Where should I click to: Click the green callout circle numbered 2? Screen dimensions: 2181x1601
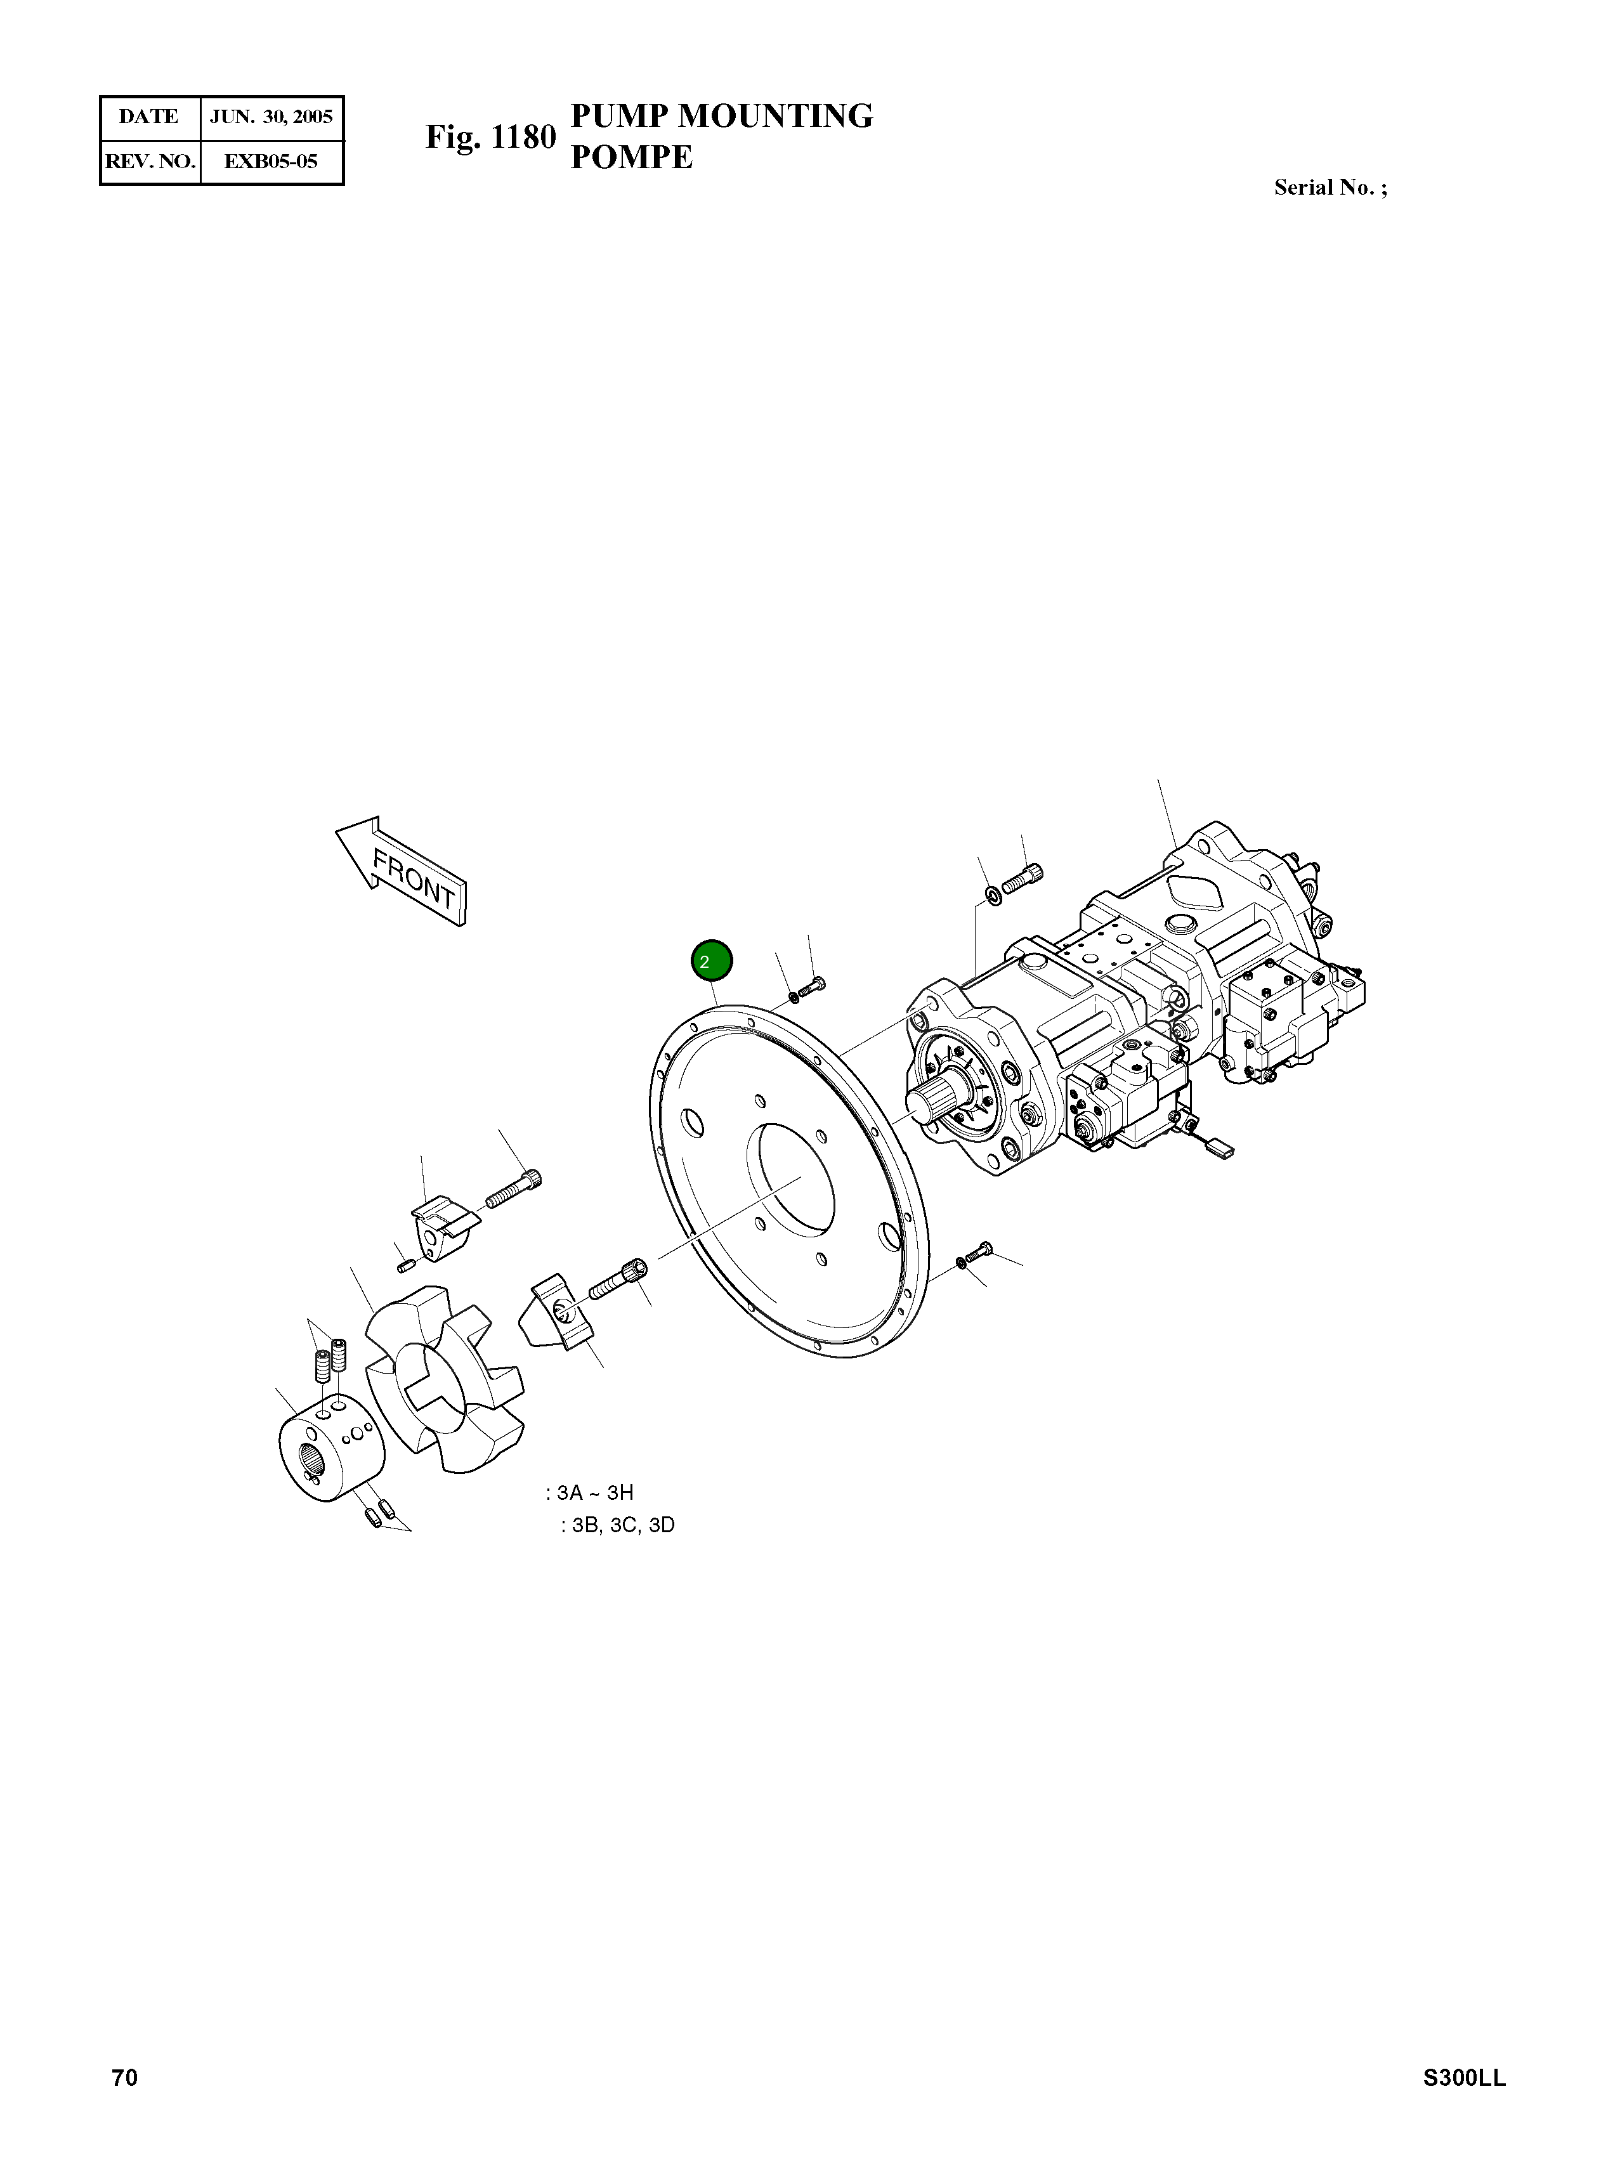coord(711,961)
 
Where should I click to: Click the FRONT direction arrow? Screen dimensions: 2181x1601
coord(402,870)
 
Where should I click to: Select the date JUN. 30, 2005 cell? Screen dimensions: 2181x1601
coord(271,117)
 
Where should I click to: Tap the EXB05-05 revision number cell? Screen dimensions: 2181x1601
coord(271,161)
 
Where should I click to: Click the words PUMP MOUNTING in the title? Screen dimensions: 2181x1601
coord(721,115)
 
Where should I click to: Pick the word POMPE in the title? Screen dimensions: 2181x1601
coord(631,157)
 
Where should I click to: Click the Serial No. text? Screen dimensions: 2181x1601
coord(1330,188)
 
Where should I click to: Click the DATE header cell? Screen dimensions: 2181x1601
coord(149,117)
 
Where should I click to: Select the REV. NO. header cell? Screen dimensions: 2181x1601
coord(150,161)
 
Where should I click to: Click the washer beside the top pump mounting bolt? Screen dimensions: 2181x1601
coord(993,892)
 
